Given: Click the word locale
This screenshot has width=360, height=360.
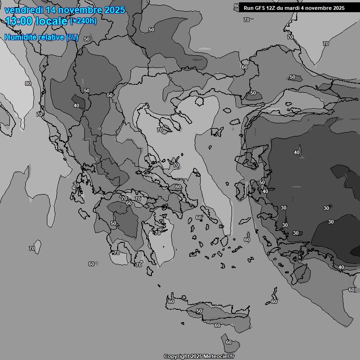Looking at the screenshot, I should point(52,21).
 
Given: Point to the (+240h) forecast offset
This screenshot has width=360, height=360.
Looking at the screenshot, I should point(83,21).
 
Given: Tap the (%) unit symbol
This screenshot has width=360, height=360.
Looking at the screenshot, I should point(72,37).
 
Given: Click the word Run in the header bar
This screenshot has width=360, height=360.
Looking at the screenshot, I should point(248,8).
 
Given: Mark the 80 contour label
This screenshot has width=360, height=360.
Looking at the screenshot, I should point(28,83).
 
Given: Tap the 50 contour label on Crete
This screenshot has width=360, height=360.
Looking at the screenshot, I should point(199,311).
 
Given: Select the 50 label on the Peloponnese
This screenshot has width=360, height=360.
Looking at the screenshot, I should point(113,223).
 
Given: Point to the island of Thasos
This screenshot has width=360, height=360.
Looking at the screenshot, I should point(199,101).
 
